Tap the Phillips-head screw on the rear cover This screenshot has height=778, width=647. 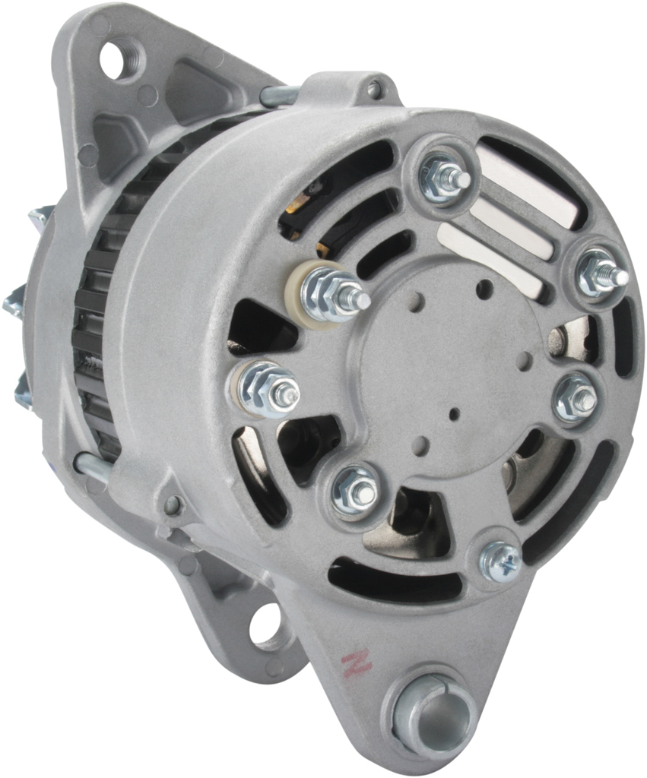pyautogui.click(x=501, y=561)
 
